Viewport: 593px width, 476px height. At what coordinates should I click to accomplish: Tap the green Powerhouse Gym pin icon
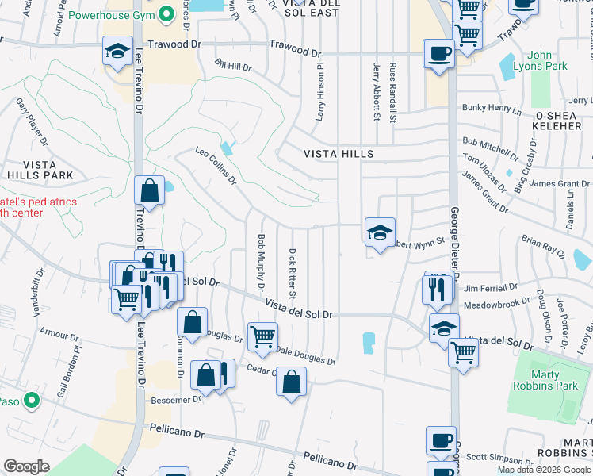(166, 14)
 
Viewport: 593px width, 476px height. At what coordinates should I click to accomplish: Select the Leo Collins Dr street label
(216, 164)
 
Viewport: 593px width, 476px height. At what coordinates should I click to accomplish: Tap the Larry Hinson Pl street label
(322, 93)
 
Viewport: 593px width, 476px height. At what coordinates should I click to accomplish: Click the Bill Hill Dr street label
(233, 65)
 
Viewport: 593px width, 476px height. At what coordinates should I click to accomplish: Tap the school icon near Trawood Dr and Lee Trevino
(117, 52)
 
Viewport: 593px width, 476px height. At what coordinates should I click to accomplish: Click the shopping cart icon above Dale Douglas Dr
(262, 335)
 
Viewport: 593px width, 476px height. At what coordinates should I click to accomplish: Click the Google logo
(27, 466)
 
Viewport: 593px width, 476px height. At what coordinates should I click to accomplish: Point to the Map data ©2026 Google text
(544, 470)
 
